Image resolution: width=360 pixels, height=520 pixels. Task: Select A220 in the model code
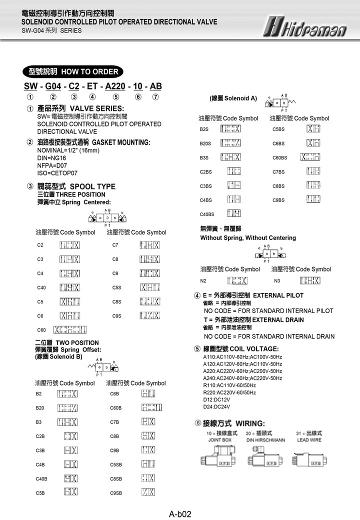tap(115, 86)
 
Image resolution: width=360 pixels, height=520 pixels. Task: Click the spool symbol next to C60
tap(70, 329)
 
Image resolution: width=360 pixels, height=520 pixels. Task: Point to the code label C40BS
tap(206, 214)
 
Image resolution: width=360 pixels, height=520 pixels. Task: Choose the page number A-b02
tap(180, 513)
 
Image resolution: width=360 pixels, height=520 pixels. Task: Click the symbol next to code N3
tap(309, 280)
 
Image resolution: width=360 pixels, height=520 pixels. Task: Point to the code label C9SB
tap(116, 492)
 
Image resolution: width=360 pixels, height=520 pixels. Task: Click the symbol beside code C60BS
tap(310, 157)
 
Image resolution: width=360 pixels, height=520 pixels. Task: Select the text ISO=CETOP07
tap(57, 173)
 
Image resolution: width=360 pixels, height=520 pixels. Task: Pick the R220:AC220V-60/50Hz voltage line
tap(229, 392)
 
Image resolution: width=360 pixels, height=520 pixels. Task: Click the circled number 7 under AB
tap(156, 97)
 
